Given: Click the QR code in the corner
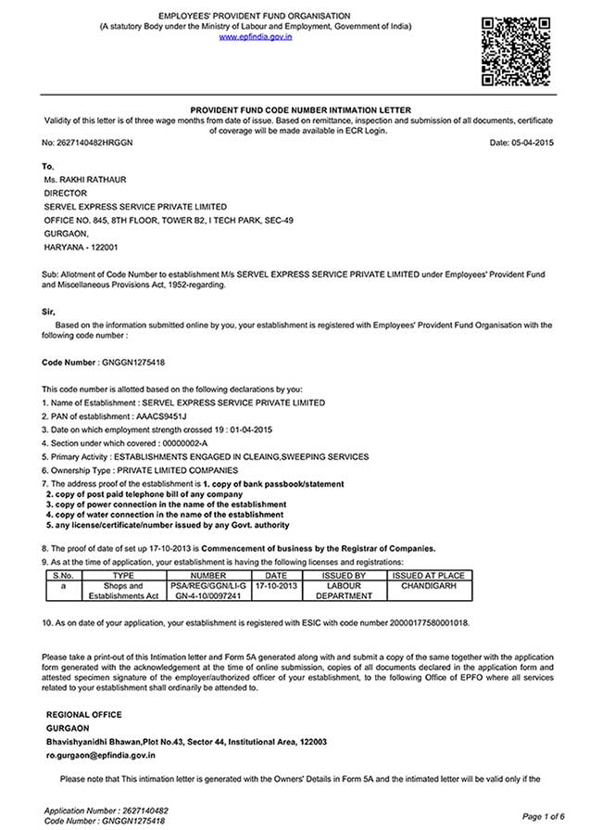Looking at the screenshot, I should coord(517,50).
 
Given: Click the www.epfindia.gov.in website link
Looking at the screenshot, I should coord(255,37).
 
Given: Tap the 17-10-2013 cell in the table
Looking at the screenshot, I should coord(276,586).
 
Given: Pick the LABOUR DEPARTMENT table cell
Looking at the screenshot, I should coord(344,592).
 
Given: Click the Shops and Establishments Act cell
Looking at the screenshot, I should coord(123,592).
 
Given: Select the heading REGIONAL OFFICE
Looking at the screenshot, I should coord(83,714).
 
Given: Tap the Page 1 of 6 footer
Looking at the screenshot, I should coord(544,816).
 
